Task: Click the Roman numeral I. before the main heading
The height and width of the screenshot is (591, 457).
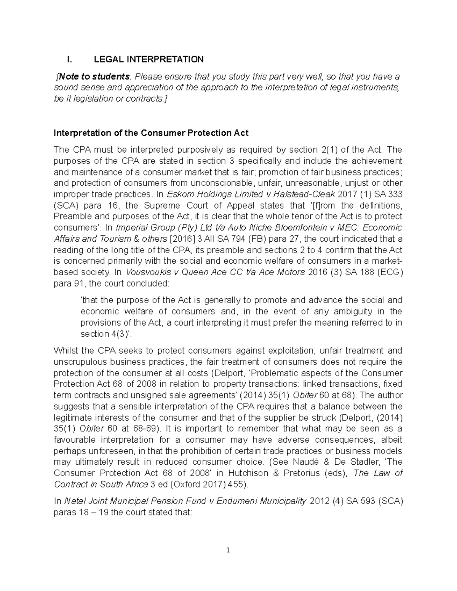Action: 69,59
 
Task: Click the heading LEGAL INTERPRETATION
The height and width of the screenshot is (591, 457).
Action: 149,59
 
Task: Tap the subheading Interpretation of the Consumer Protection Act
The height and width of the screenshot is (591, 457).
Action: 151,133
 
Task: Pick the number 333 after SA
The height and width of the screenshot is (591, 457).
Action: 395,194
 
